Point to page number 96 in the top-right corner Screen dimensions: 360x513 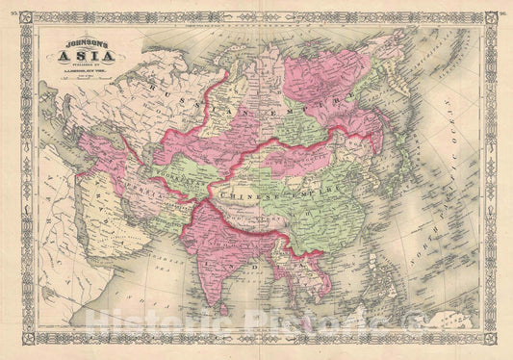coord(501,15)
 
